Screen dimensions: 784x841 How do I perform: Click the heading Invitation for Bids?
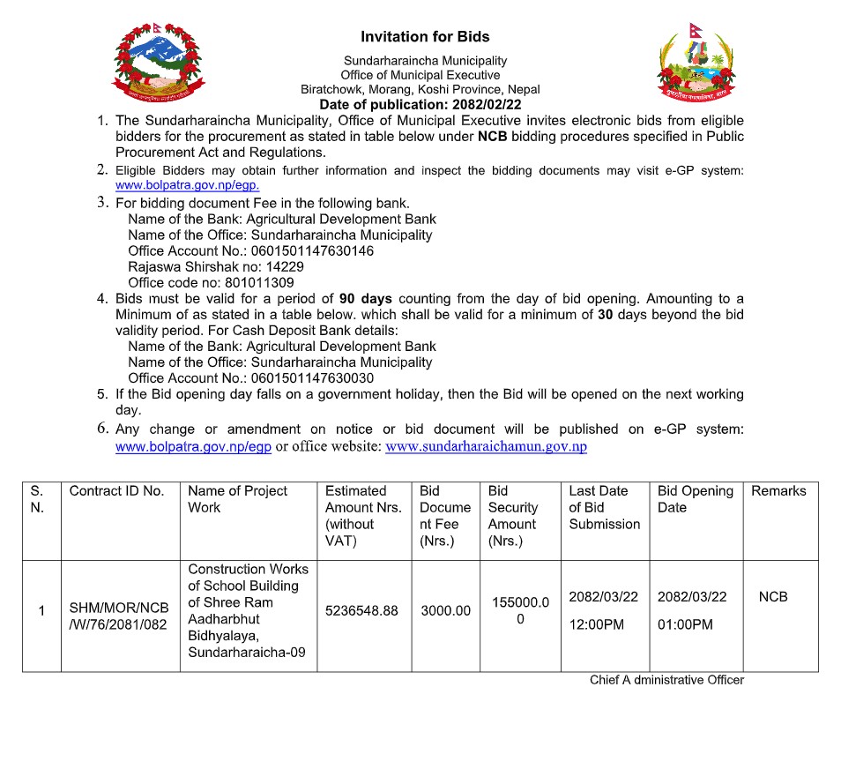pos(425,37)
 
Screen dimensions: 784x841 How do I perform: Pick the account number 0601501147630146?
pos(313,251)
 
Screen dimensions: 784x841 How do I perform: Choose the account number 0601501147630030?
pos(313,378)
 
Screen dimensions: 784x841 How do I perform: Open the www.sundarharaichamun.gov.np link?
pos(487,447)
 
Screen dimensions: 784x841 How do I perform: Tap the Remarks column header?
pos(778,491)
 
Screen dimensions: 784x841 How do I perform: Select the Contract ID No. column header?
pos(117,491)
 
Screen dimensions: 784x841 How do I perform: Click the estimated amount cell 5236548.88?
pos(361,610)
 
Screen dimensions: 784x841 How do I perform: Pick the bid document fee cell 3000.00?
pos(445,610)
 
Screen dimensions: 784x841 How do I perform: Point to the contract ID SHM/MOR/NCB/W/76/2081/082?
pos(119,617)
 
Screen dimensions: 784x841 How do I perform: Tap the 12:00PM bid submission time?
pos(596,625)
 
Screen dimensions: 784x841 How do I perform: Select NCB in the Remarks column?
pos(773,597)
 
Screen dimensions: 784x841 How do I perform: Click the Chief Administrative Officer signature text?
pos(666,680)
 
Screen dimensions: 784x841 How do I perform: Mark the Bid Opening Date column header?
pos(695,499)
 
